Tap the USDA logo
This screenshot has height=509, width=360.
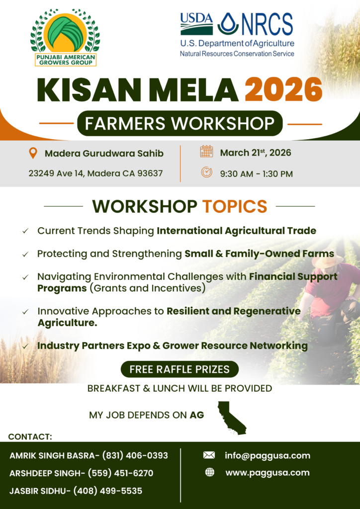(x=197, y=23)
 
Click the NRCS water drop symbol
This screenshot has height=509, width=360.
(x=228, y=24)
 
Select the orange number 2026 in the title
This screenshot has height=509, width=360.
(x=283, y=89)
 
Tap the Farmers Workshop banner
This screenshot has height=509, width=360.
(x=180, y=123)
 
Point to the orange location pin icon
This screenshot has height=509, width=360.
(x=33, y=153)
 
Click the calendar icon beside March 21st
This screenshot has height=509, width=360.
(x=206, y=152)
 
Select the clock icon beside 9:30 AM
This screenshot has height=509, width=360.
(x=206, y=172)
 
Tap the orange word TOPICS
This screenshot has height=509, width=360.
(x=235, y=206)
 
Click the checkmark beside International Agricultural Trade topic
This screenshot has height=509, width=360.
(x=25, y=231)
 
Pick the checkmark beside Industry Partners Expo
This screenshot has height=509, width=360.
(x=25, y=346)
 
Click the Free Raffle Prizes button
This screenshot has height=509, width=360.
(x=180, y=369)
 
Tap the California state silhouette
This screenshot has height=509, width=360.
(x=231, y=418)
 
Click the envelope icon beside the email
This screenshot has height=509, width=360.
(x=209, y=455)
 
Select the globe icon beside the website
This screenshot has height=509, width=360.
(x=210, y=472)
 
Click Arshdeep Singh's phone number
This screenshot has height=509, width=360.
(x=120, y=473)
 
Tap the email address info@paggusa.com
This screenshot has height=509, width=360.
(x=268, y=456)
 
